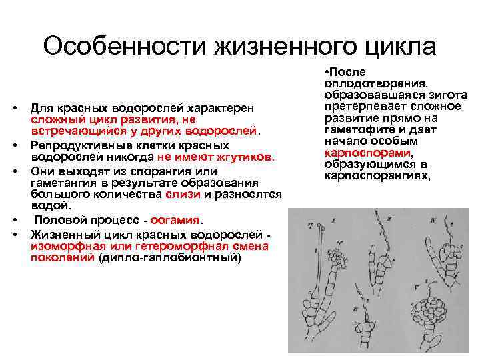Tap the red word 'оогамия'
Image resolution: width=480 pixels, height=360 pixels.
point(176,221)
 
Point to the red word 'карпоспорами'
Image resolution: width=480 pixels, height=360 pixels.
point(355,153)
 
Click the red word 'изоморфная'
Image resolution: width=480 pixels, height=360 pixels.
point(61,245)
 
